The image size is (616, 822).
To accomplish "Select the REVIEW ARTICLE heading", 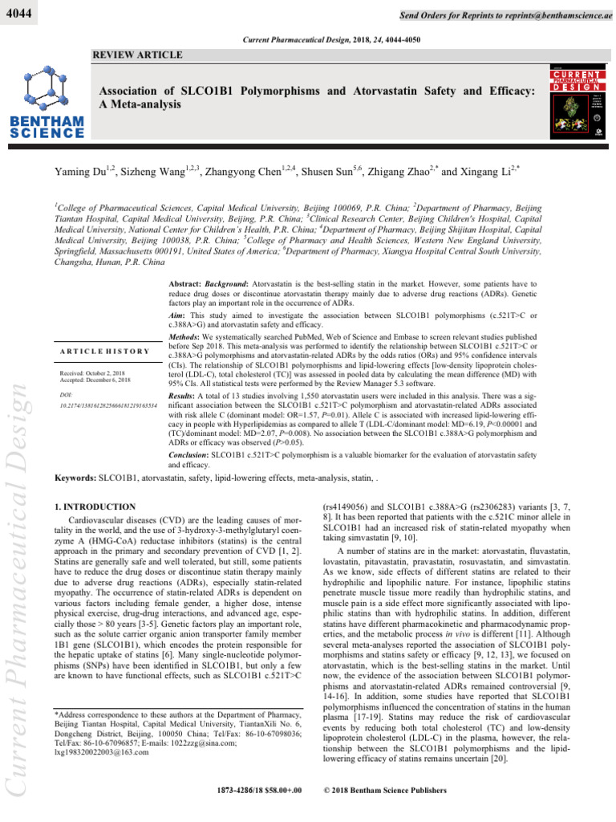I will (x=137, y=55).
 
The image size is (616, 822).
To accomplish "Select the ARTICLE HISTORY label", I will (x=105, y=351).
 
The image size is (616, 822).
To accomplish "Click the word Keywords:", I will (x=74, y=478).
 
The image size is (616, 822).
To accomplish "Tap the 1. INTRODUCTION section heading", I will (x=94, y=507).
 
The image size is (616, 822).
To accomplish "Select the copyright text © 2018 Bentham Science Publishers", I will (x=383, y=791).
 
